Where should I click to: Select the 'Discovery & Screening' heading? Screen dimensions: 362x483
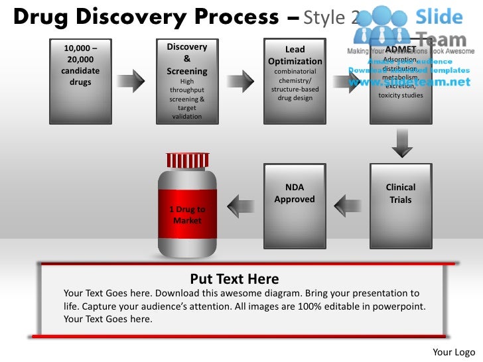pyautogui.click(x=186, y=59)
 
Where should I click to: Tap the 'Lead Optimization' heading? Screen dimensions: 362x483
pyautogui.click(x=295, y=56)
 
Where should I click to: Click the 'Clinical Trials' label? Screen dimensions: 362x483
pyautogui.click(x=400, y=194)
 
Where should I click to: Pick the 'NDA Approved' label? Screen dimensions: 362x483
pyautogui.click(x=295, y=194)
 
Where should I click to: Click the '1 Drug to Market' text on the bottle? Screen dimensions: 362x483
pyautogui.click(x=187, y=215)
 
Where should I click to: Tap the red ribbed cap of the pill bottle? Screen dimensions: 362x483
pyautogui.click(x=187, y=160)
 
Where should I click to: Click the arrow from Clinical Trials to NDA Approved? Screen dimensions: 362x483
pyautogui.click(x=348, y=205)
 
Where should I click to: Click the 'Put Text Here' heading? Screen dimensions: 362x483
pyautogui.click(x=234, y=279)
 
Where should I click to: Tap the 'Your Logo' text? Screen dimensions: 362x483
pyautogui.click(x=454, y=351)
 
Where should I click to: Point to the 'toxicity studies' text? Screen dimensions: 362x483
pyautogui.click(x=401, y=95)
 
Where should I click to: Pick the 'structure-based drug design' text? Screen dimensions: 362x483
pyautogui.click(x=295, y=93)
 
